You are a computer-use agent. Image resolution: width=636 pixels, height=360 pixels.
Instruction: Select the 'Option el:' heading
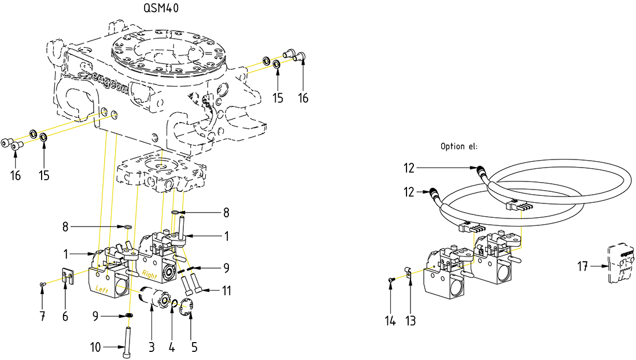tap(459, 147)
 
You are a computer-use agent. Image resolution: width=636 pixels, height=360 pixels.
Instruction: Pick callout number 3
tap(152, 347)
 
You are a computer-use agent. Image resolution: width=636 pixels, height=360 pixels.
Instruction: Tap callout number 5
tap(194, 347)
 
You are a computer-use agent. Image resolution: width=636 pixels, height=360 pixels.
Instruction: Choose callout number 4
tap(172, 347)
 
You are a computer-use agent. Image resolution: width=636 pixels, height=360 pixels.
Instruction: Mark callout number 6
tap(65, 316)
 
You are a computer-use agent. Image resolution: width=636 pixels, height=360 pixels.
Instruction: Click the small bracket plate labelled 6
tap(67, 274)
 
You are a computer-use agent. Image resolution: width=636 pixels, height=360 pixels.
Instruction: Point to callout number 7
tap(42, 316)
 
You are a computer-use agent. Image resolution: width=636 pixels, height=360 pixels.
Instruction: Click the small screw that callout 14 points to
tap(392, 280)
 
